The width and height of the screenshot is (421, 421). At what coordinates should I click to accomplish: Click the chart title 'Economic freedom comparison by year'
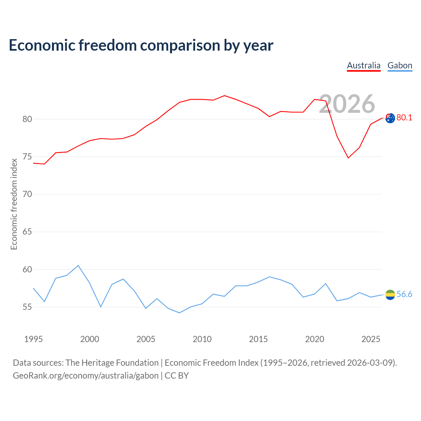click(x=141, y=45)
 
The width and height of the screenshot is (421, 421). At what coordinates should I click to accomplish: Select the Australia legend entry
click(x=363, y=66)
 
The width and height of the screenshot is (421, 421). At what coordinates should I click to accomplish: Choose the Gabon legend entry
click(x=400, y=66)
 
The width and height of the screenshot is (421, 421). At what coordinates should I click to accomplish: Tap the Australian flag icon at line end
click(x=390, y=118)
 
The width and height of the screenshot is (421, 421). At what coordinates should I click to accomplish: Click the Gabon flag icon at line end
click(x=390, y=295)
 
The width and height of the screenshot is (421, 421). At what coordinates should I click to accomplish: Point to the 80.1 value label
click(x=404, y=117)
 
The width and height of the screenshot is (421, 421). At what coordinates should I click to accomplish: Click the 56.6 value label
click(x=404, y=294)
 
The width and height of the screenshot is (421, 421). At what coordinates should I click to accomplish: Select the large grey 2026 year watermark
click(x=347, y=104)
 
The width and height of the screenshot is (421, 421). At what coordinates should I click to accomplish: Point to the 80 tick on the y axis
click(x=27, y=119)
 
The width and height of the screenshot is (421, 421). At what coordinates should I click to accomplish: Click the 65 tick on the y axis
click(x=27, y=232)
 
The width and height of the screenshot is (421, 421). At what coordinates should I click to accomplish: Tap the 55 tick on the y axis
click(x=27, y=307)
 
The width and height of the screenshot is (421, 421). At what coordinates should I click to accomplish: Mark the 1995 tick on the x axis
click(x=34, y=339)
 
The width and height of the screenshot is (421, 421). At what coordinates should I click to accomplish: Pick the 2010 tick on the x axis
click(x=202, y=339)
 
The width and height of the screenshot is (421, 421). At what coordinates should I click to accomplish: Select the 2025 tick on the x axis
click(x=371, y=339)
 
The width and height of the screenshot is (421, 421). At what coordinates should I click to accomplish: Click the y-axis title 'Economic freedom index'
click(x=14, y=204)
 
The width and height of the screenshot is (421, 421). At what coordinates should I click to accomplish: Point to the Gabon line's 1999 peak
click(x=78, y=265)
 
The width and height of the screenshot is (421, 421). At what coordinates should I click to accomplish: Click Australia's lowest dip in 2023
click(x=348, y=158)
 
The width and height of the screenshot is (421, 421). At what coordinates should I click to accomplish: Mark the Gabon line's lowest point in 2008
click(x=180, y=313)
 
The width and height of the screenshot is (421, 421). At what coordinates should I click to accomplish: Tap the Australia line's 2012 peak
click(x=225, y=95)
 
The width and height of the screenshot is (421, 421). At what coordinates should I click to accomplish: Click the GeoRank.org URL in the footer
click(x=86, y=376)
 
